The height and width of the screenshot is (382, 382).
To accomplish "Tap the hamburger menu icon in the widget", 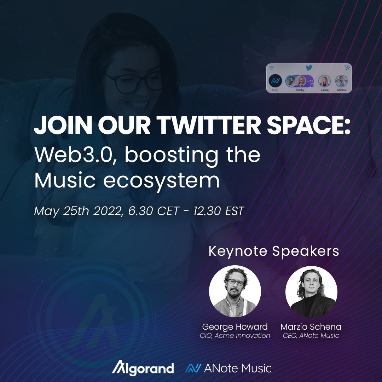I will click(x=272, y=68).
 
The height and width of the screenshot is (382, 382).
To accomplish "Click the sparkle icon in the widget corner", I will click(x=347, y=67).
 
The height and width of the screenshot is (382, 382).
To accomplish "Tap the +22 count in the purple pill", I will click(x=310, y=81).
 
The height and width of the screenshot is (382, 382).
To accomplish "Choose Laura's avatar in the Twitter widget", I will click(x=324, y=81).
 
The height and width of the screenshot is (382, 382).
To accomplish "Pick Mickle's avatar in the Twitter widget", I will click(x=342, y=81).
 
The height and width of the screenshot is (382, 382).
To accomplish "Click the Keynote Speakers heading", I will click(x=274, y=251).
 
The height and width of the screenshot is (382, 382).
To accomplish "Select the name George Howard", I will click(x=235, y=326).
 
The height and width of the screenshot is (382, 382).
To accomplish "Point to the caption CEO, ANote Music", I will click(x=311, y=336).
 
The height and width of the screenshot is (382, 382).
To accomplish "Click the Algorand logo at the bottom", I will click(x=143, y=368).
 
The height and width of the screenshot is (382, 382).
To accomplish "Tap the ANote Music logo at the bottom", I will click(x=228, y=368).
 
